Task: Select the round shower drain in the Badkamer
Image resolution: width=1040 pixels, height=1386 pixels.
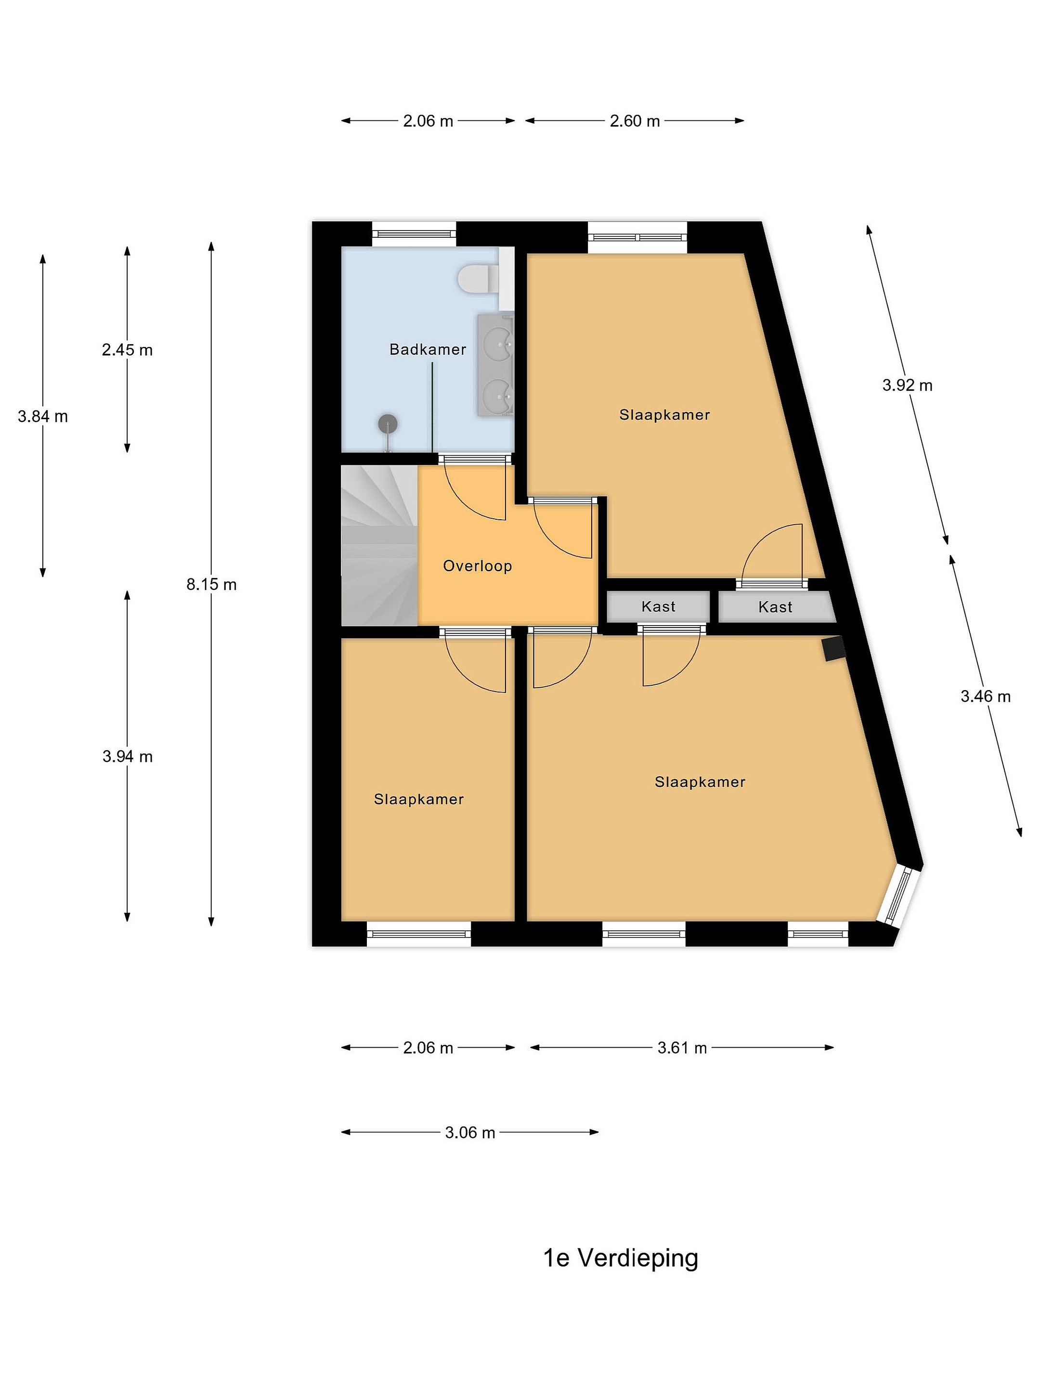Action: pos(388,424)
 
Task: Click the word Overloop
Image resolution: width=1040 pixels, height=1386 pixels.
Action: pos(478,566)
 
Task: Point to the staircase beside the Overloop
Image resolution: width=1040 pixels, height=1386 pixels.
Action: pos(379,545)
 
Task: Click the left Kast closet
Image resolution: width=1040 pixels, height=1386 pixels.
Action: pos(658,606)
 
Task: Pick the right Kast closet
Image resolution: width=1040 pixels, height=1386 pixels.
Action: pos(777,606)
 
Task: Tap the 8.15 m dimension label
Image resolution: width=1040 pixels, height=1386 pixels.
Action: pos(211,585)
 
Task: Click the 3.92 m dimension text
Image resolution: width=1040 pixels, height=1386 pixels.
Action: pos(907,385)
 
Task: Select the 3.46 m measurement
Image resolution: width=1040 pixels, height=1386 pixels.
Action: pos(986,696)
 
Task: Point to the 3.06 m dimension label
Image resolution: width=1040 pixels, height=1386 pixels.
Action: pos(470,1132)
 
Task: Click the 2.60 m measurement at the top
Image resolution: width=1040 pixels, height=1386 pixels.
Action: pos(635,121)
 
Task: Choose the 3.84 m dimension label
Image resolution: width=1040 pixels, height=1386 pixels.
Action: pos(43,416)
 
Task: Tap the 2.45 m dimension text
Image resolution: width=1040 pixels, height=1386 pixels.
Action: pos(127,350)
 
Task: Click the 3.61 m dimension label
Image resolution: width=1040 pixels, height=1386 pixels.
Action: pos(682,1048)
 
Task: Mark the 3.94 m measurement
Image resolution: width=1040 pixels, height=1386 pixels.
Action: pos(127,757)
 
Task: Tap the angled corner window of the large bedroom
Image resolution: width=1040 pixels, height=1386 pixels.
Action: pos(899,894)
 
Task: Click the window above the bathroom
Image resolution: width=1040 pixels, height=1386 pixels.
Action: pos(415,234)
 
